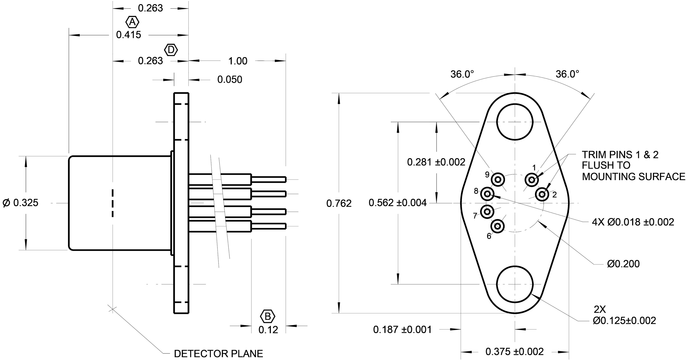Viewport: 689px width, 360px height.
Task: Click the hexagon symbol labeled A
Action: (132, 22)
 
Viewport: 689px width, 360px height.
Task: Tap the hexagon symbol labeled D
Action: (171, 50)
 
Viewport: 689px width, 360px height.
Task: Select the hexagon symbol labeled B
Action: (268, 317)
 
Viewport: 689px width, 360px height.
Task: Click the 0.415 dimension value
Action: (128, 35)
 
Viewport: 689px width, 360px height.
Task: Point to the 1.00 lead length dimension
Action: (237, 61)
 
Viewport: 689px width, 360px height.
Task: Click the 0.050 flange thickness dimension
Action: (229, 79)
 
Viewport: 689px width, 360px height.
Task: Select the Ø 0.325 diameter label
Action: (20, 203)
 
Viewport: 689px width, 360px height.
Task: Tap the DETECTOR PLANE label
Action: (218, 354)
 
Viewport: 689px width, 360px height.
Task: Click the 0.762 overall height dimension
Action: (339, 204)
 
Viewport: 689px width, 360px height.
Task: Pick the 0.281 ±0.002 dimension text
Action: (436, 162)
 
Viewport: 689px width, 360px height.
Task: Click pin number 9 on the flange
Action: (498, 179)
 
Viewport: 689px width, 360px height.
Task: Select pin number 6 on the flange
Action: (497, 227)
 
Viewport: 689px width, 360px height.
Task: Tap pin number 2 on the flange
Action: (542, 194)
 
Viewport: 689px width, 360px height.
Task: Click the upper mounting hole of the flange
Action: (515, 122)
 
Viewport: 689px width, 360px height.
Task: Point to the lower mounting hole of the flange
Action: (515, 284)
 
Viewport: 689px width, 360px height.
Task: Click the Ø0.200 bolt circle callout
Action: (623, 264)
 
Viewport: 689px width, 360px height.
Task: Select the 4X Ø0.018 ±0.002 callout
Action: (633, 222)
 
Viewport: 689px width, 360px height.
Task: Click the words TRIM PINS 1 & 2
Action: (620, 155)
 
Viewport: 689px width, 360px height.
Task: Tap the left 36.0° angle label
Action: (462, 74)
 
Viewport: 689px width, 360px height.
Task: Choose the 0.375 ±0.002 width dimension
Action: (514, 352)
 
